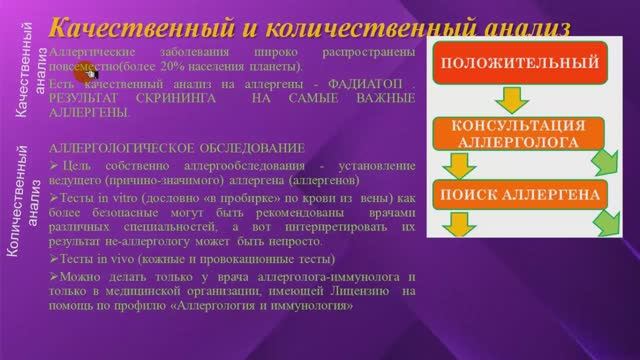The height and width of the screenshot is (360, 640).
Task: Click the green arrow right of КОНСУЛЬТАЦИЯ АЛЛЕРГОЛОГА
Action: pyautogui.click(x=603, y=162)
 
